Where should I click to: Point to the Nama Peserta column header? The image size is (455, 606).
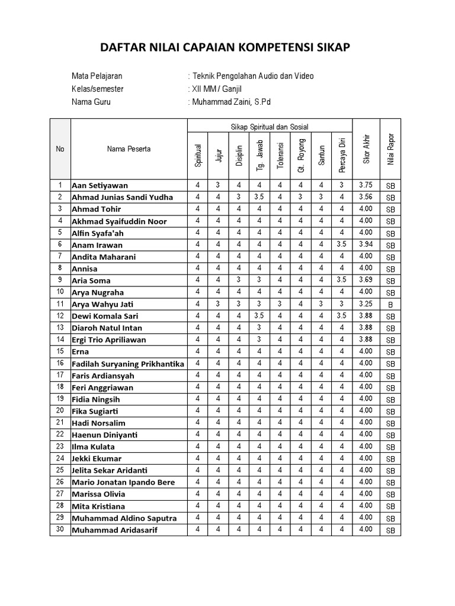[x=129, y=149]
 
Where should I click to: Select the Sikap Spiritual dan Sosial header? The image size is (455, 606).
[x=270, y=127]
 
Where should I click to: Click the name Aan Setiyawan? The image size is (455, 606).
[x=100, y=186]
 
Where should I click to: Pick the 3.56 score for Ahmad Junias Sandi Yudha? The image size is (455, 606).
[x=365, y=197]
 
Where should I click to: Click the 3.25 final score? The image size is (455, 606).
[x=365, y=304]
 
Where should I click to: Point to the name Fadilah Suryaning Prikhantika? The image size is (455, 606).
[x=128, y=363]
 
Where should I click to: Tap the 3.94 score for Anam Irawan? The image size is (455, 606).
[x=365, y=244]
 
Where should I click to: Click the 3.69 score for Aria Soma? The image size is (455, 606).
[x=365, y=280]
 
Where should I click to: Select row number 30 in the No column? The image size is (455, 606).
[x=60, y=529]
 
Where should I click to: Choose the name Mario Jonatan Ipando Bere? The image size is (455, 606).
[x=123, y=482]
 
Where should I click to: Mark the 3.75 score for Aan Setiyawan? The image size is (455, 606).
[x=365, y=185]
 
